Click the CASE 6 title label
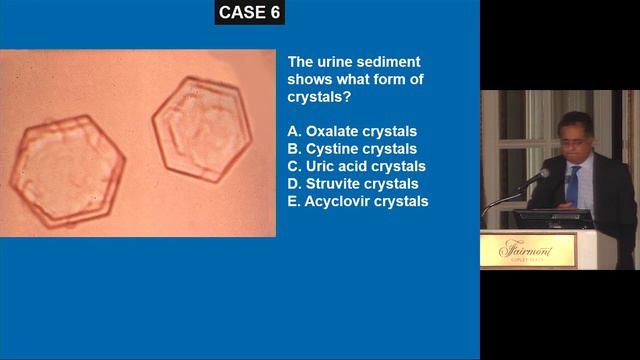[x=250, y=13]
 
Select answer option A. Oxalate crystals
[x=352, y=131]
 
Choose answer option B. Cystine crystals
[x=351, y=149]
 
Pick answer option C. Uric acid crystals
[x=356, y=166]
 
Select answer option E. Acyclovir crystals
[x=357, y=201]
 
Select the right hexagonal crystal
[x=201, y=127]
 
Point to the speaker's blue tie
[x=572, y=186]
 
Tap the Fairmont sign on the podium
[x=538, y=250]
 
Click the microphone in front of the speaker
[x=539, y=177]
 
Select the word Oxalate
[x=333, y=131]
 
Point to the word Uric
[x=321, y=166]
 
